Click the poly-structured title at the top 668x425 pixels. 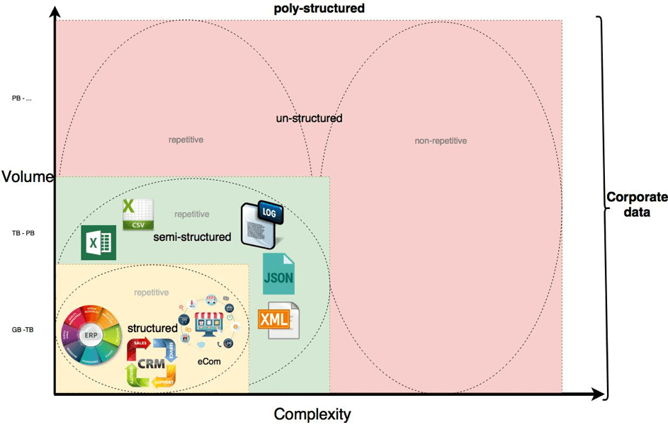pos(319,8)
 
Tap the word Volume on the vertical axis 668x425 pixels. pos(28,176)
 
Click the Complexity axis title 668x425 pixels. pos(312,414)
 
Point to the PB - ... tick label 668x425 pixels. pos(22,98)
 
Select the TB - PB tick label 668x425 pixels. pos(23,232)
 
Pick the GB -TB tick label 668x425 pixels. pos(23,330)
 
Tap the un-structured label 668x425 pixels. pos(309,118)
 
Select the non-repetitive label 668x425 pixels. pos(441,141)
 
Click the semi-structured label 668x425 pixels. pos(192,237)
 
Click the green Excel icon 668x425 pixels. pos(98,243)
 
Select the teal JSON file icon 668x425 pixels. pos(278,273)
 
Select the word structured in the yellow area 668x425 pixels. pos(152,329)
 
